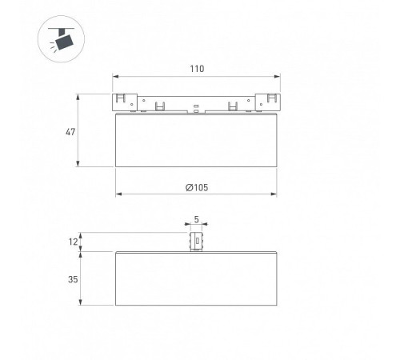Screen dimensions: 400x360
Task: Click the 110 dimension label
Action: tap(197, 69)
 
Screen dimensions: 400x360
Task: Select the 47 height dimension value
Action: tap(70, 132)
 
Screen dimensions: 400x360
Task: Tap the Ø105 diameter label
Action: tap(197, 187)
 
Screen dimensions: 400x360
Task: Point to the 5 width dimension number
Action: tap(197, 219)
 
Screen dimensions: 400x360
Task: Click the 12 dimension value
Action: tap(73, 242)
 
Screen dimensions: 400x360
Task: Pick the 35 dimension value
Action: tap(73, 279)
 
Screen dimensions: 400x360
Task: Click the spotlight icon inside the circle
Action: tap(61, 39)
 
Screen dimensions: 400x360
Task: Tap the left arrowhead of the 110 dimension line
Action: tap(115, 77)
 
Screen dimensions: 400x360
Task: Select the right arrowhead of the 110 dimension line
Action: tap(277, 77)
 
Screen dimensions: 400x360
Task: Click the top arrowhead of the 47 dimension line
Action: tap(78, 97)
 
